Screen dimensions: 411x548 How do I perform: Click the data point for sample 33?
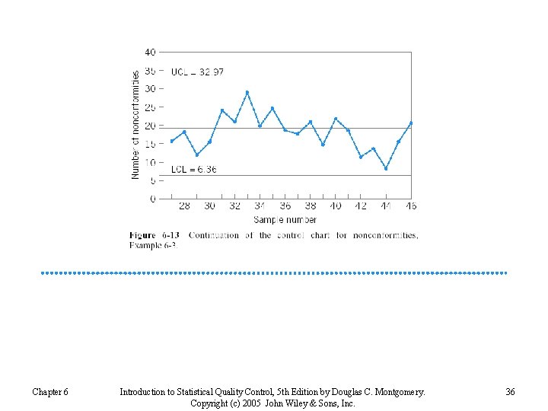click(x=247, y=93)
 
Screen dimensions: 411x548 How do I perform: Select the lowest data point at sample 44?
click(x=386, y=169)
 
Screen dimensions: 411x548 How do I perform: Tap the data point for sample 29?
click(x=197, y=155)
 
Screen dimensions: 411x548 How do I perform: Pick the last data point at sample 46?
click(x=411, y=123)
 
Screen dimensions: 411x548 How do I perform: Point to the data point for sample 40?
click(x=336, y=119)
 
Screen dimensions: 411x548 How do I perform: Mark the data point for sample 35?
click(x=272, y=109)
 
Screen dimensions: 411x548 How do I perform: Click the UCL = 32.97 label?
click(x=197, y=72)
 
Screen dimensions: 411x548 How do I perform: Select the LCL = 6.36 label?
click(x=193, y=169)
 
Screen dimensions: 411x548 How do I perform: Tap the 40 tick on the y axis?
click(x=150, y=53)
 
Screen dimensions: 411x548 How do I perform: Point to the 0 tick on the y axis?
click(x=153, y=199)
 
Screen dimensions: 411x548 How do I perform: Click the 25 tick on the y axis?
click(x=150, y=107)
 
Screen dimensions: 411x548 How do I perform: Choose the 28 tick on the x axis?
click(x=184, y=206)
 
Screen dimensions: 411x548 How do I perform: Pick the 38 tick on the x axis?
click(x=311, y=206)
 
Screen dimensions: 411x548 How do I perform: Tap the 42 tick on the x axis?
click(x=361, y=206)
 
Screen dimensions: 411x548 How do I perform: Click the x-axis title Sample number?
click(x=285, y=219)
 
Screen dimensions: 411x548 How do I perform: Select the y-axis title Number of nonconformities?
click(x=135, y=126)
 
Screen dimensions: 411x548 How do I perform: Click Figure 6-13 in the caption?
click(x=155, y=236)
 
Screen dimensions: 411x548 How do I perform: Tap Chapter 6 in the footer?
click(x=50, y=392)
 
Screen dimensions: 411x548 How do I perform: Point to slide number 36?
click(x=510, y=392)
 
